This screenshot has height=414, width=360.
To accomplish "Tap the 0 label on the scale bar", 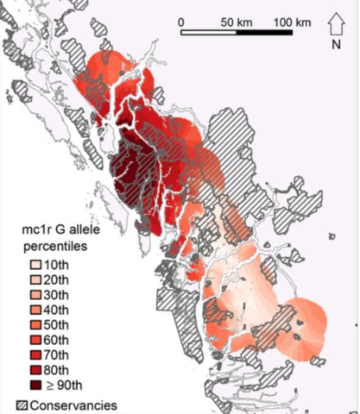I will [x=184, y=21].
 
